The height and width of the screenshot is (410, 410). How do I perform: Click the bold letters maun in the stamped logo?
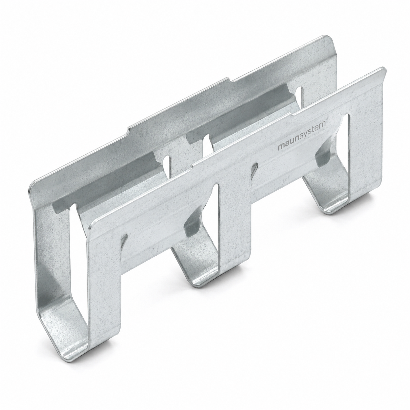(x=287, y=145)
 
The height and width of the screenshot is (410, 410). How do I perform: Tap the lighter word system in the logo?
(x=312, y=134)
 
